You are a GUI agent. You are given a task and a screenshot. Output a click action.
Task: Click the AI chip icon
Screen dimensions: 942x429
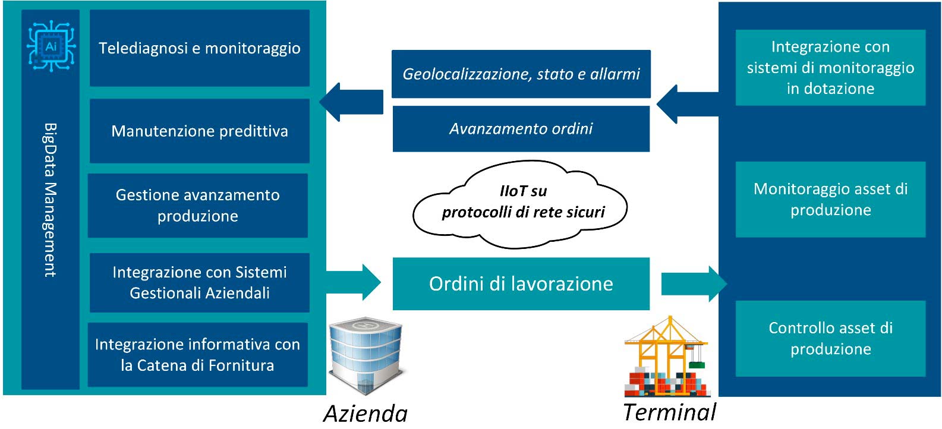point(51,46)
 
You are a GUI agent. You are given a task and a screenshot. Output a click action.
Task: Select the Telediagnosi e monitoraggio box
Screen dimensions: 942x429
point(200,48)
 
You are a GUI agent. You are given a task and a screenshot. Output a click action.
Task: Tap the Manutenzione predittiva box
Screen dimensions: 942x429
point(200,131)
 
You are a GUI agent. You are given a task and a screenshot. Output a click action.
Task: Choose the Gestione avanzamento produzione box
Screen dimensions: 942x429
point(198,206)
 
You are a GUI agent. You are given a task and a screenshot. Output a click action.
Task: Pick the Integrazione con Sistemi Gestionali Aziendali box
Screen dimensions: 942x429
point(200,283)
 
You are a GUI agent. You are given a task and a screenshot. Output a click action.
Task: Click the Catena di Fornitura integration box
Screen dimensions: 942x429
point(198,355)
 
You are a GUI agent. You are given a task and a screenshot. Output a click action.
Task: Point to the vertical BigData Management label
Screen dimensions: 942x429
point(51,200)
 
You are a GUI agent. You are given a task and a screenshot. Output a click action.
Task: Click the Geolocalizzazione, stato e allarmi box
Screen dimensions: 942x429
point(521,74)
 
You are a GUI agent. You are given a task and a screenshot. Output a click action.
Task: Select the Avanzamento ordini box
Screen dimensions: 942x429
point(521,129)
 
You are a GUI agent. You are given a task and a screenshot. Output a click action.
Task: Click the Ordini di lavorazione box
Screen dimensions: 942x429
point(521,284)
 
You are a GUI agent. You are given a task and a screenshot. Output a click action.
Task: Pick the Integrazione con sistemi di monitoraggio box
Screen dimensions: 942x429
point(830,67)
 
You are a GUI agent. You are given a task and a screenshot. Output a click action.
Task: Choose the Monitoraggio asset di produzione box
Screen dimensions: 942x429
point(830,200)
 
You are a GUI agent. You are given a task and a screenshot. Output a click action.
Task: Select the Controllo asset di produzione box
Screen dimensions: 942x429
point(830,338)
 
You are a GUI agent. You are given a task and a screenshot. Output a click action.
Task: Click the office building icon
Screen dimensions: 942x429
point(366,356)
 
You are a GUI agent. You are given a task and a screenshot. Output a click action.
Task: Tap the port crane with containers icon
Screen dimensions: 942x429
point(667,357)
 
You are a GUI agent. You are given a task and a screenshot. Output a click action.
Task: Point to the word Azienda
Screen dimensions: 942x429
point(366,414)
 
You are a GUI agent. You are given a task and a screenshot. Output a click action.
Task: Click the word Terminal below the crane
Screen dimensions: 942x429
point(669,412)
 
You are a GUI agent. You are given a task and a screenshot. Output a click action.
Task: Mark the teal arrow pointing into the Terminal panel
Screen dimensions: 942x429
point(694,284)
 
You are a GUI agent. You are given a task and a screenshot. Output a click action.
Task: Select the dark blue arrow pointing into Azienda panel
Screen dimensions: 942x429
point(351,102)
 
